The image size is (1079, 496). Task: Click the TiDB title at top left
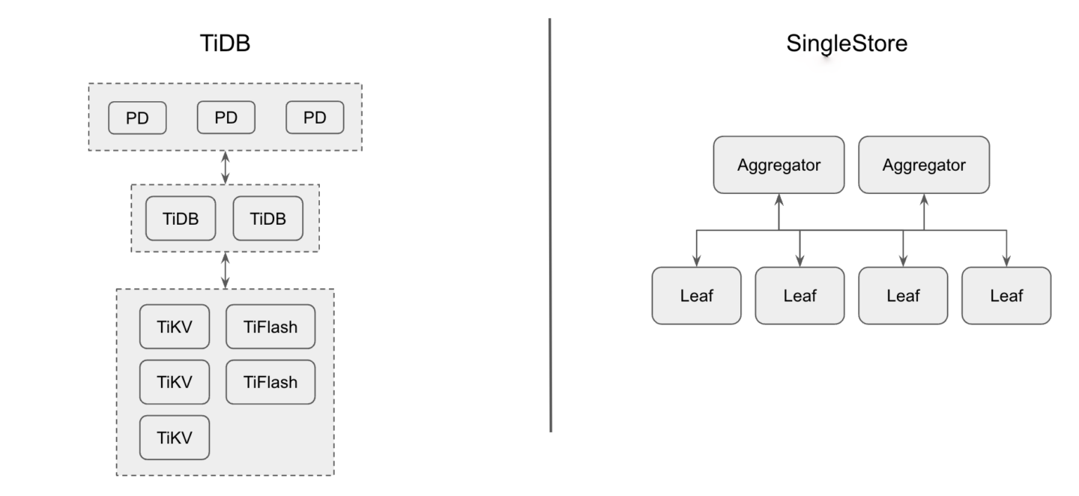click(x=225, y=43)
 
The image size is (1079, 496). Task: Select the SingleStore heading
click(x=847, y=43)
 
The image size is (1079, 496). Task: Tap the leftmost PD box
click(x=138, y=118)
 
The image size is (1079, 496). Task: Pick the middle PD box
click(x=226, y=118)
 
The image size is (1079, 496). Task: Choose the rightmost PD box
click(x=315, y=118)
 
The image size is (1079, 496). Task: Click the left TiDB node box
click(x=181, y=218)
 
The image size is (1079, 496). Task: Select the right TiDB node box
click(x=268, y=218)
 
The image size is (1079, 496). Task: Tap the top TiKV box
click(x=175, y=327)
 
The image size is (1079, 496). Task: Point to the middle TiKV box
click(x=175, y=382)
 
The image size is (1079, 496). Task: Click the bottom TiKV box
click(x=175, y=438)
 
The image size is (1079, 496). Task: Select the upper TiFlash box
click(x=270, y=327)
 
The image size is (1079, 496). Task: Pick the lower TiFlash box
click(x=270, y=382)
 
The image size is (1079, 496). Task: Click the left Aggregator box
click(x=779, y=164)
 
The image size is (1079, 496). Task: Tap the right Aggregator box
click(x=924, y=164)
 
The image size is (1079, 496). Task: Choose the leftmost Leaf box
click(x=696, y=295)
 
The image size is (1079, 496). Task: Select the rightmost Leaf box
click(x=1006, y=295)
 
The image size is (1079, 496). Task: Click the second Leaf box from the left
click(x=800, y=295)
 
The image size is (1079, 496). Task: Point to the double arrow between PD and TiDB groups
click(x=226, y=167)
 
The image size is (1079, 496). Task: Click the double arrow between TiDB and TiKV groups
click(x=226, y=270)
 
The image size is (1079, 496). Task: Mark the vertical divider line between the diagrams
click(x=551, y=225)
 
